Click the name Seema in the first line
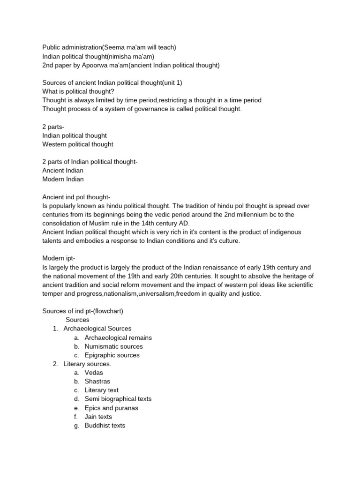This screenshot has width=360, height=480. click(113, 47)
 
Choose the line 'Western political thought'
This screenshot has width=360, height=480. click(77, 144)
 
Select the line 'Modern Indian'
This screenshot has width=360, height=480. click(63, 179)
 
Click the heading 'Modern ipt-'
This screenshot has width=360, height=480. click(59, 258)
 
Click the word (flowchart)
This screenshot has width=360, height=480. click(110, 311)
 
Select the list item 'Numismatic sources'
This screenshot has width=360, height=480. click(113, 346)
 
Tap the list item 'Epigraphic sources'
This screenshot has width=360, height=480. click(112, 355)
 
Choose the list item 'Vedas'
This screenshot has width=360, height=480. click(94, 373)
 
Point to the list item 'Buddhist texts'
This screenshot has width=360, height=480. click(105, 426)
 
